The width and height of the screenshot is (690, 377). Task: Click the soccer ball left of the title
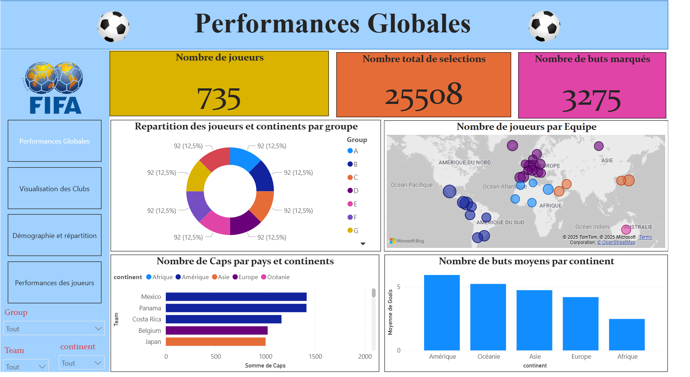pyautogui.click(x=113, y=26)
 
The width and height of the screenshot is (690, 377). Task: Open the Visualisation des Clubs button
pyautogui.click(x=54, y=188)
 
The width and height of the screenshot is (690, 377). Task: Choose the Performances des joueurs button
pyautogui.click(x=54, y=283)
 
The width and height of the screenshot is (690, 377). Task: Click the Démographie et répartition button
pyautogui.click(x=54, y=236)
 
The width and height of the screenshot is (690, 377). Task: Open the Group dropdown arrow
pyautogui.click(x=98, y=329)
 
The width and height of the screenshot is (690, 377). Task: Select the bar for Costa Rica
pyautogui.click(x=223, y=319)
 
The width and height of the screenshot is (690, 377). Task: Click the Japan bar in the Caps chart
pyautogui.click(x=215, y=342)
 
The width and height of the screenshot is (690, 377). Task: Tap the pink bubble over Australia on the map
pyautogui.click(x=626, y=229)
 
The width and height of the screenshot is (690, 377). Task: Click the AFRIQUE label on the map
pyautogui.click(x=551, y=206)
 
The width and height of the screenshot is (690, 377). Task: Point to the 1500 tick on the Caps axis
pyautogui.click(x=315, y=356)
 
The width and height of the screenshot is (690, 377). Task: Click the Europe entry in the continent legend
pyautogui.click(x=245, y=277)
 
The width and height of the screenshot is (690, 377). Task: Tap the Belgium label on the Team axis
pyautogui.click(x=149, y=331)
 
